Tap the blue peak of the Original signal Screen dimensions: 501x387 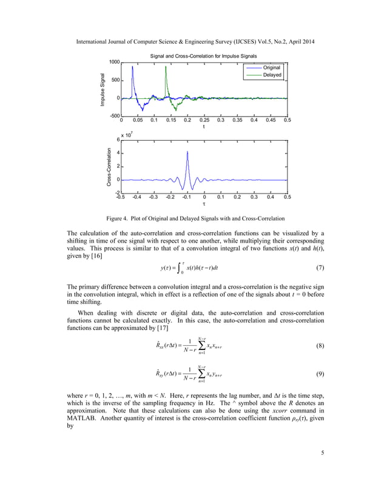coord(132,67)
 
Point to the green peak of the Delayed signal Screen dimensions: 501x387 coord(166,67)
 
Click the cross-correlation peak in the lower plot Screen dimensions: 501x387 coord(187,152)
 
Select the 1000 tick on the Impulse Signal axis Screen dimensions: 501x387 coord(113,62)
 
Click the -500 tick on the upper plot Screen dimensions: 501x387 coord(113,115)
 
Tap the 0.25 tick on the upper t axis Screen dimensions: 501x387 coord(204,121)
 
